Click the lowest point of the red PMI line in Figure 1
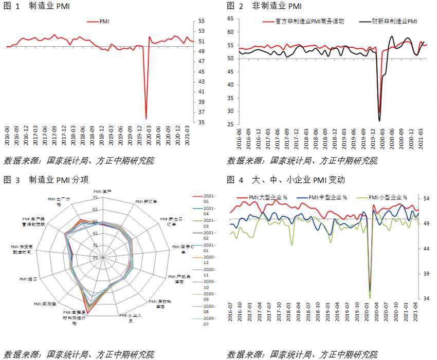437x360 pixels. (146, 119)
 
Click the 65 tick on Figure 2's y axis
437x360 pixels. (230, 19)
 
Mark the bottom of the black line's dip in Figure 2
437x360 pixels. (379, 121)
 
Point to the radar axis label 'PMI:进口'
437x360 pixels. (28, 279)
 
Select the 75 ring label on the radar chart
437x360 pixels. (95, 198)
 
